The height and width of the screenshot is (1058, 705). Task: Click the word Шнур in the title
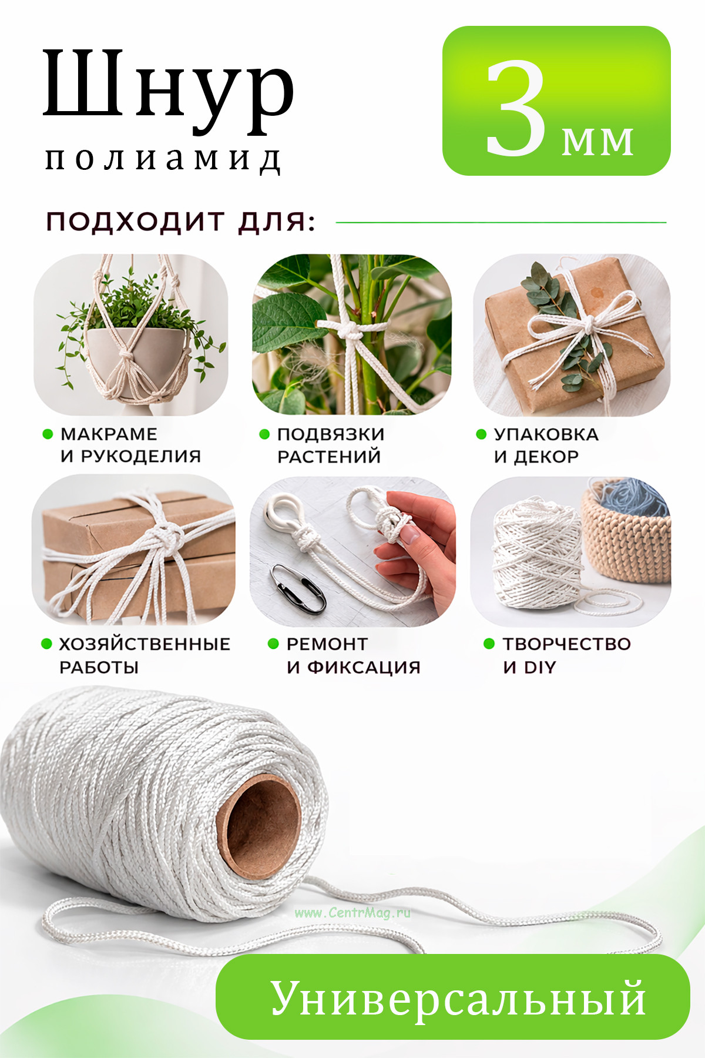coord(169,90)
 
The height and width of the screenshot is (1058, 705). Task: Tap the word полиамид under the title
coord(164,159)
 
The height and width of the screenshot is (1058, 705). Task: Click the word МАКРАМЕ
coord(109,434)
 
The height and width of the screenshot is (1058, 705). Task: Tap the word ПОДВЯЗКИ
coord(331,434)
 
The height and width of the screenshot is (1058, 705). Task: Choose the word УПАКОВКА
coord(546,434)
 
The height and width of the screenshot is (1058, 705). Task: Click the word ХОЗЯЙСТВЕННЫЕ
coord(145,644)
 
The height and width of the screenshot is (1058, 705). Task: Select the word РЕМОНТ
coord(327,644)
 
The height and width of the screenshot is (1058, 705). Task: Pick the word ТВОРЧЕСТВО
coord(567,644)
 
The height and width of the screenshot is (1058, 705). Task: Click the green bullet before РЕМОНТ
coord(273,644)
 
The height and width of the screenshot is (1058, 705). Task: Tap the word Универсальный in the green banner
coord(458,999)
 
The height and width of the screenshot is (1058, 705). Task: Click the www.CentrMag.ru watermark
coord(352,913)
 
